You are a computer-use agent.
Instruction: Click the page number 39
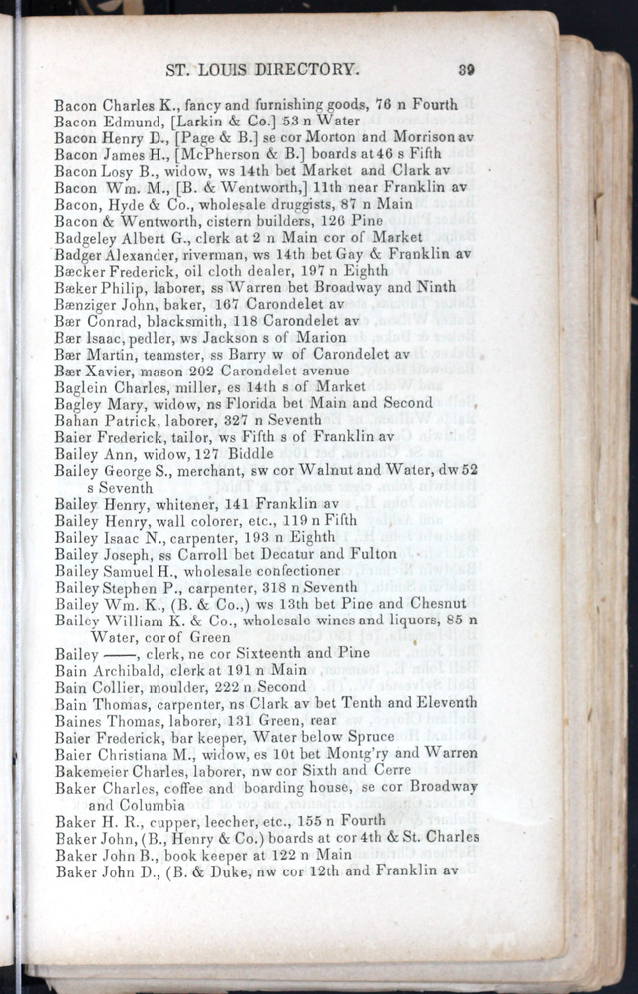pos(466,70)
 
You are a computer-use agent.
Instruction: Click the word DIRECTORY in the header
pos(308,70)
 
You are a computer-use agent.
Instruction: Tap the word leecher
pos(225,820)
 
